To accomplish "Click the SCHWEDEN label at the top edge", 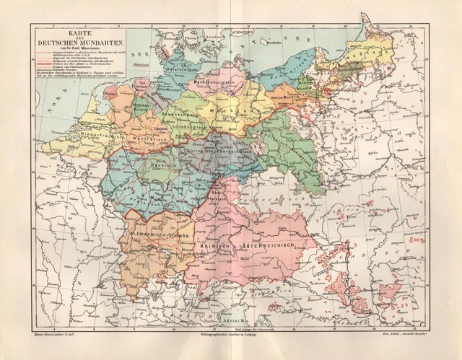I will [x=243, y=32].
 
